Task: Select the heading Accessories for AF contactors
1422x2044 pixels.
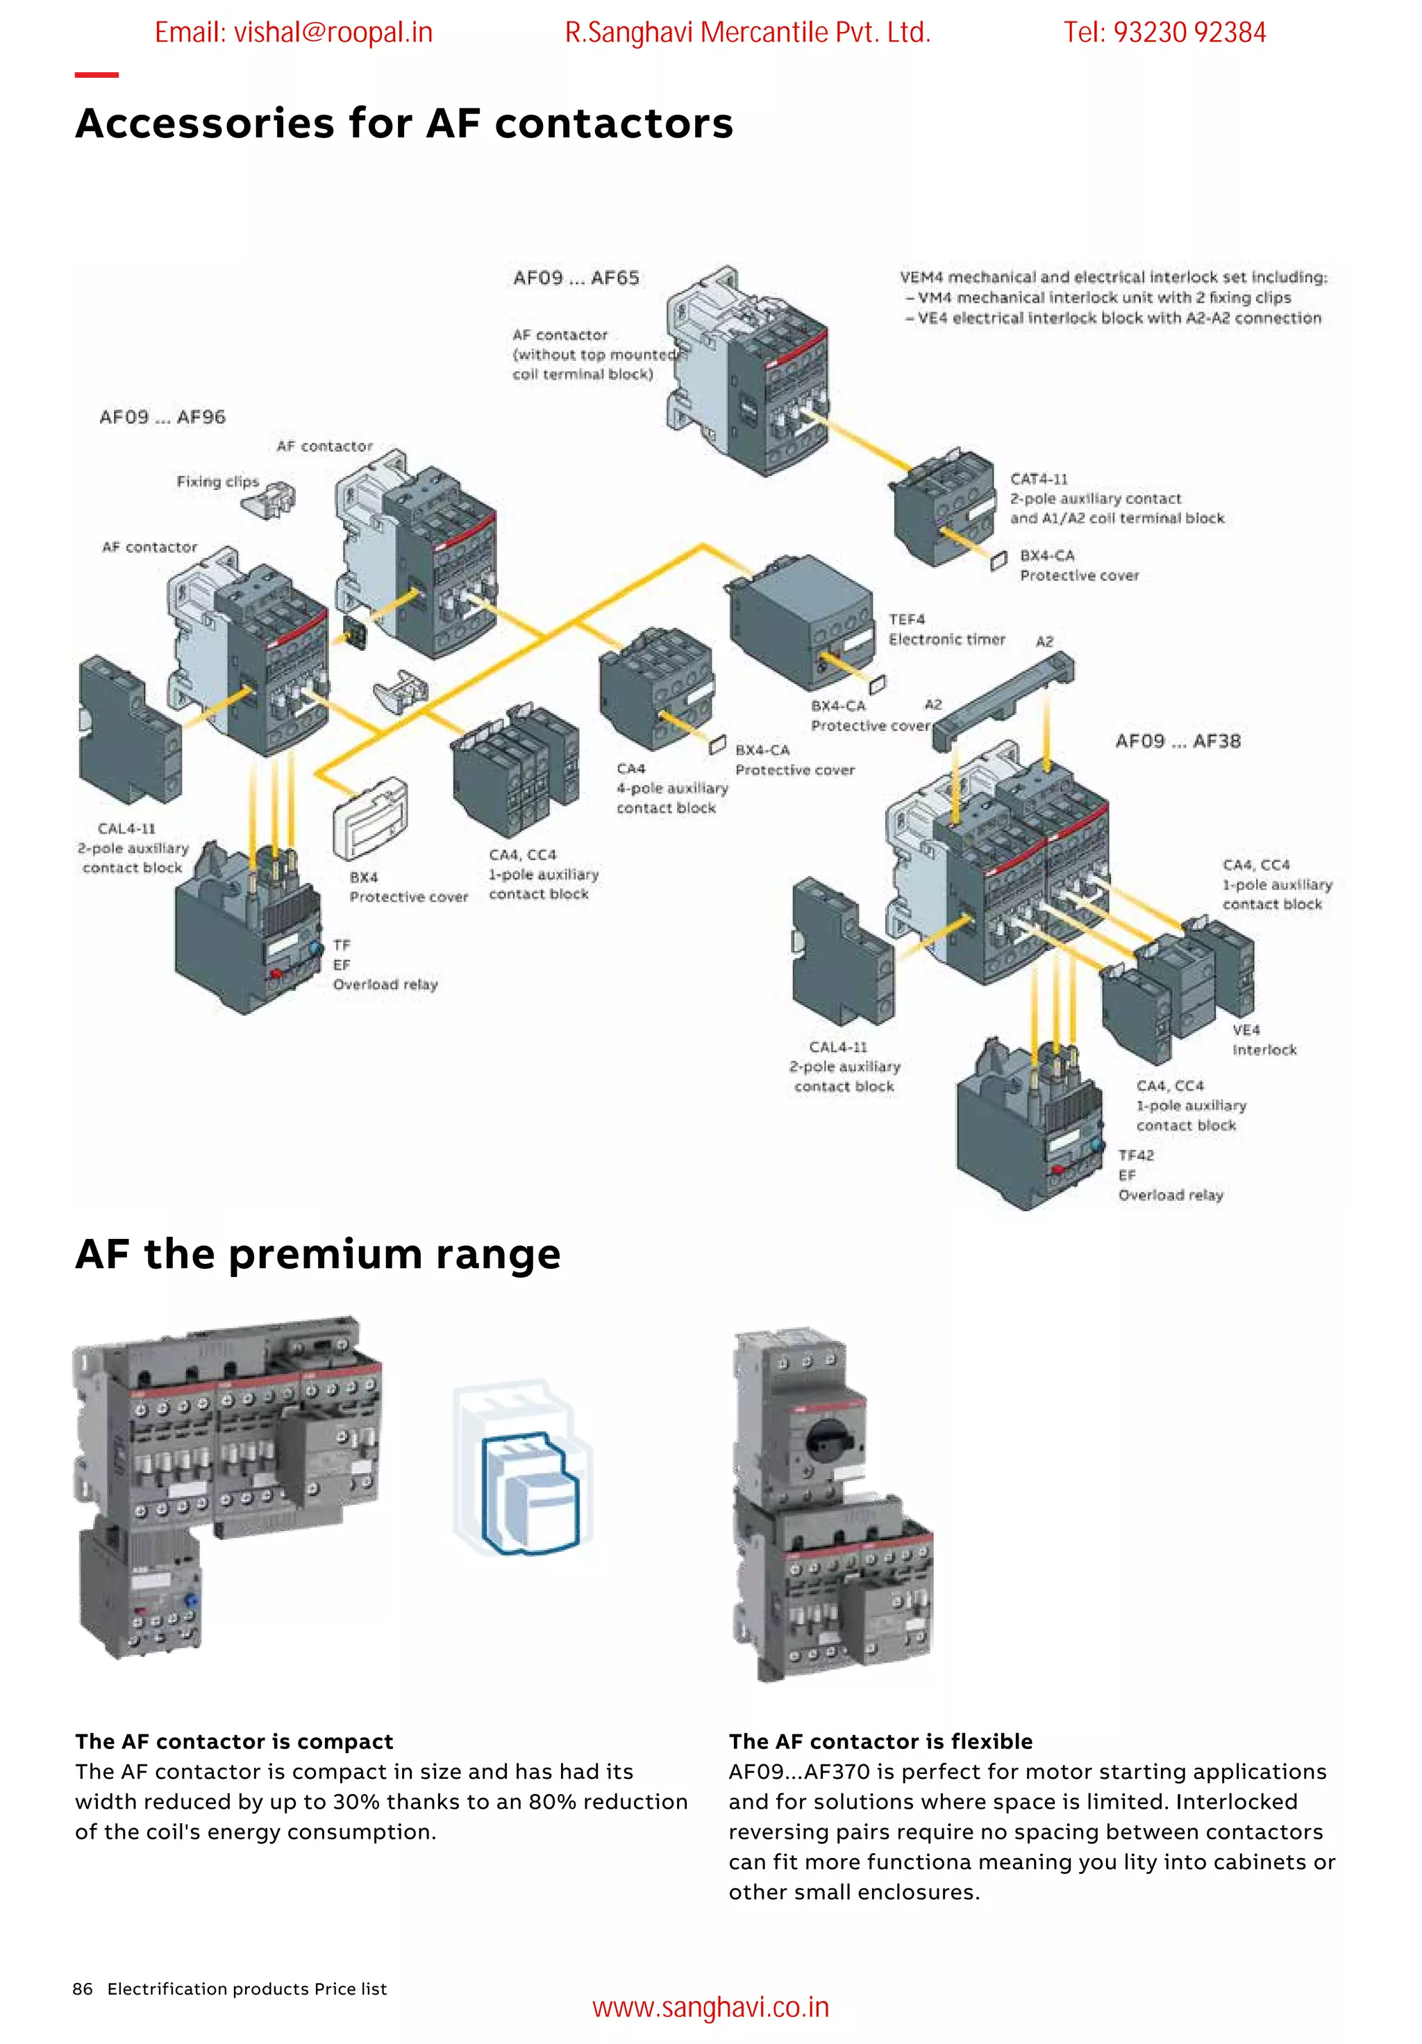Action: (403, 123)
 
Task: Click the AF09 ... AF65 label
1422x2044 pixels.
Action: (575, 278)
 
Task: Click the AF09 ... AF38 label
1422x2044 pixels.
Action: (1177, 741)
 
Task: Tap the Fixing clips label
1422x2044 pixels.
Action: (217, 482)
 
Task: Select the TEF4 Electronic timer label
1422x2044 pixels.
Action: (946, 630)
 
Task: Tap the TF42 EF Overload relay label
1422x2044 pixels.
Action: (1170, 1175)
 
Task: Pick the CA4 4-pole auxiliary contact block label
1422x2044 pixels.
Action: (671, 788)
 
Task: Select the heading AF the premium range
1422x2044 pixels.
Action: (318, 1253)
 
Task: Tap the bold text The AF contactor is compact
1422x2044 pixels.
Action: (234, 1741)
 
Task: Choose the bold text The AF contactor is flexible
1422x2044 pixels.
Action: (880, 1741)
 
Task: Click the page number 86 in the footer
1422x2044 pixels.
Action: (82, 1988)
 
